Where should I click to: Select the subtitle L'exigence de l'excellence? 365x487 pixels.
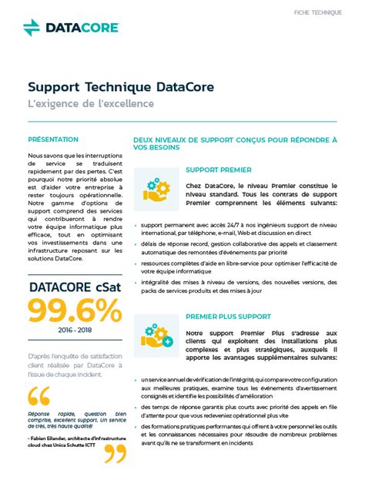pyautogui.click(x=91, y=103)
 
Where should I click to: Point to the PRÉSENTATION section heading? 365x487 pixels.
pyautogui.click(x=53, y=139)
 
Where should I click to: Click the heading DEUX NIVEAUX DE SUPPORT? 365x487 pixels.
pyautogui.click(x=235, y=143)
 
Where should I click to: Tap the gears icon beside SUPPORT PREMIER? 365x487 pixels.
pyautogui.click(x=156, y=190)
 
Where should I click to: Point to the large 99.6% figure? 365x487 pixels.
pyautogui.click(x=75, y=310)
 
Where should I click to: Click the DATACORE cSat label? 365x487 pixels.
pyautogui.click(x=75, y=287)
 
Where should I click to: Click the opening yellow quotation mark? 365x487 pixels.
pyautogui.click(x=38, y=396)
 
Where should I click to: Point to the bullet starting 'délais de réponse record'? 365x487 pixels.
pyautogui.click(x=239, y=247)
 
